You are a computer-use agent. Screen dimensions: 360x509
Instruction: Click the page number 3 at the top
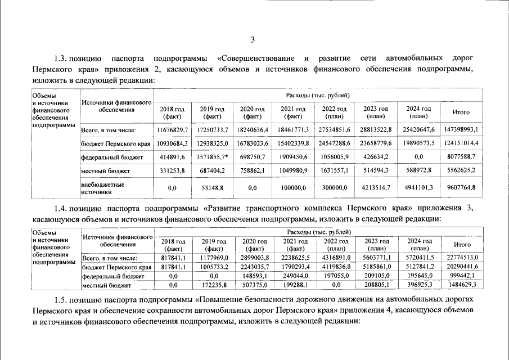(253, 39)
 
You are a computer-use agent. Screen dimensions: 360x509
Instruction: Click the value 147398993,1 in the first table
(461, 129)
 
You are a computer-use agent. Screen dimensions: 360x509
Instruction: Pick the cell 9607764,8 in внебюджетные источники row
(461, 187)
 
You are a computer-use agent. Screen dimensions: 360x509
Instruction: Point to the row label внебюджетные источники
(102, 187)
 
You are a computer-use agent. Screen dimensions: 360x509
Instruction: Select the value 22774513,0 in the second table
(461, 258)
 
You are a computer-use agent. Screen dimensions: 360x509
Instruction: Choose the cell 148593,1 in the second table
(255, 276)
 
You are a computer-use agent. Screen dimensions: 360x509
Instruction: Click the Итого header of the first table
(461, 112)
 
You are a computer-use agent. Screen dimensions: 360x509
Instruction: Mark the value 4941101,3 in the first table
(418, 187)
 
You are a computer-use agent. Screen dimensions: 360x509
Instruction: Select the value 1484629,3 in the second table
(461, 285)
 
